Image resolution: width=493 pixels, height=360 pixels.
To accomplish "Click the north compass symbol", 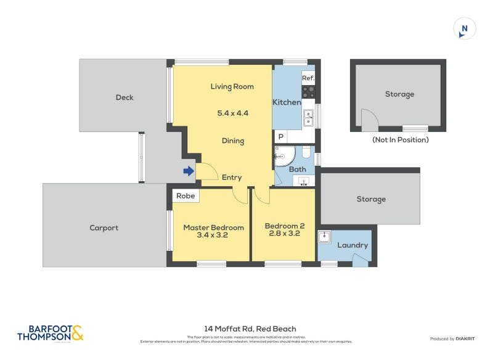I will click(464, 29).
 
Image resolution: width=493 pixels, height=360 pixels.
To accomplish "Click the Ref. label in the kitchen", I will click(308, 78).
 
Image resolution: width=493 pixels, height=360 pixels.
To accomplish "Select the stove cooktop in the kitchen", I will click(308, 92).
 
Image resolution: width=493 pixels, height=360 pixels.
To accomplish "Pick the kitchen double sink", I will click(308, 117).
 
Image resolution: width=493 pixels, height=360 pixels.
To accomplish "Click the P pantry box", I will click(280, 137).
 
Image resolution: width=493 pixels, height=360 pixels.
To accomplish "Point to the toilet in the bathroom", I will click(306, 152).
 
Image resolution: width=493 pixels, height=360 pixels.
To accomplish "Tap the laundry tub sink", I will click(325, 237).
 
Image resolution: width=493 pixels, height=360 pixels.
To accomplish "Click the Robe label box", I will click(185, 196).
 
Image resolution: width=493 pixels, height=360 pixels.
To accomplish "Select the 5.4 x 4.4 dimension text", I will click(232, 113).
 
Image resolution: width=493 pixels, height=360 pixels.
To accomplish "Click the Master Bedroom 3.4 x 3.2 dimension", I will click(213, 235).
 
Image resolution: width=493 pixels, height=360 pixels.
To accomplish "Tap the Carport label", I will click(104, 227).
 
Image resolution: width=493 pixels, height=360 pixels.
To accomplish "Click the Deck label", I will click(124, 97).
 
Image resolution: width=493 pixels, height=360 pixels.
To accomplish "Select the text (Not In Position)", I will click(400, 140).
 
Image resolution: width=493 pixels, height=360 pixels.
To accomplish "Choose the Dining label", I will click(232, 141).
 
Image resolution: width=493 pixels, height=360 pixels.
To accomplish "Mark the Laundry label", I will click(352, 245).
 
